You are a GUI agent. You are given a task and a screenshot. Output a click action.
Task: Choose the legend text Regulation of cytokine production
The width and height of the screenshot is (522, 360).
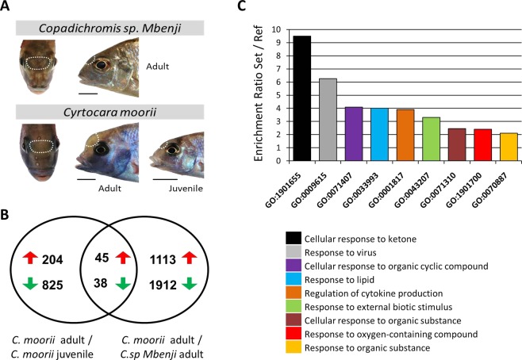tap(401, 280)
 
